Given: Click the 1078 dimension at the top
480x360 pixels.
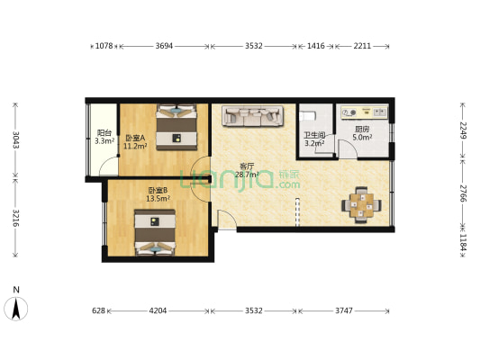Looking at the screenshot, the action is (104, 46).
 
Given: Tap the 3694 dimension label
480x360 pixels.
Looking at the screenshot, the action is (164, 46).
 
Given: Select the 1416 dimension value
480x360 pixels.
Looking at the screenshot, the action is (315, 46).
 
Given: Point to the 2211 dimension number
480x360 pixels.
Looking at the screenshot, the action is (362, 46).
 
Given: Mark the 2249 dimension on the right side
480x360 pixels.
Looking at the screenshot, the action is (463, 130).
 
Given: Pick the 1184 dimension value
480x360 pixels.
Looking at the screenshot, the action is (463, 242).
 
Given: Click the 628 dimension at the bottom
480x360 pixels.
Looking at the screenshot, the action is (98, 310).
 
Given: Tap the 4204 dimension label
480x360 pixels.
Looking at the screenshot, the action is (158, 310).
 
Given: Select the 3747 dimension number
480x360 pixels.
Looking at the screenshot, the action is (344, 310).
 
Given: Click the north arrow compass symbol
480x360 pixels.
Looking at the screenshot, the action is (16, 308).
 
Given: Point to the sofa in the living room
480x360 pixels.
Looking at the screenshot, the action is (252, 116).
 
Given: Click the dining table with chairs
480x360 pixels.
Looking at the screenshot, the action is (361, 204).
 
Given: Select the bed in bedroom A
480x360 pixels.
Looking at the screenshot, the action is (177, 127).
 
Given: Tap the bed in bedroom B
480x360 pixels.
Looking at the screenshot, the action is (155, 233).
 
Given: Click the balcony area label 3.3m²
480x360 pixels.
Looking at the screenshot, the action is (104, 141).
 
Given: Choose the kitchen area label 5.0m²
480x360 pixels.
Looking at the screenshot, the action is (362, 138).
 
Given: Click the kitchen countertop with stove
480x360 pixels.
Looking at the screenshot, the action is (365, 112).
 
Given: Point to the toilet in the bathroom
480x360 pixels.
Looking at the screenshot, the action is (307, 116).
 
